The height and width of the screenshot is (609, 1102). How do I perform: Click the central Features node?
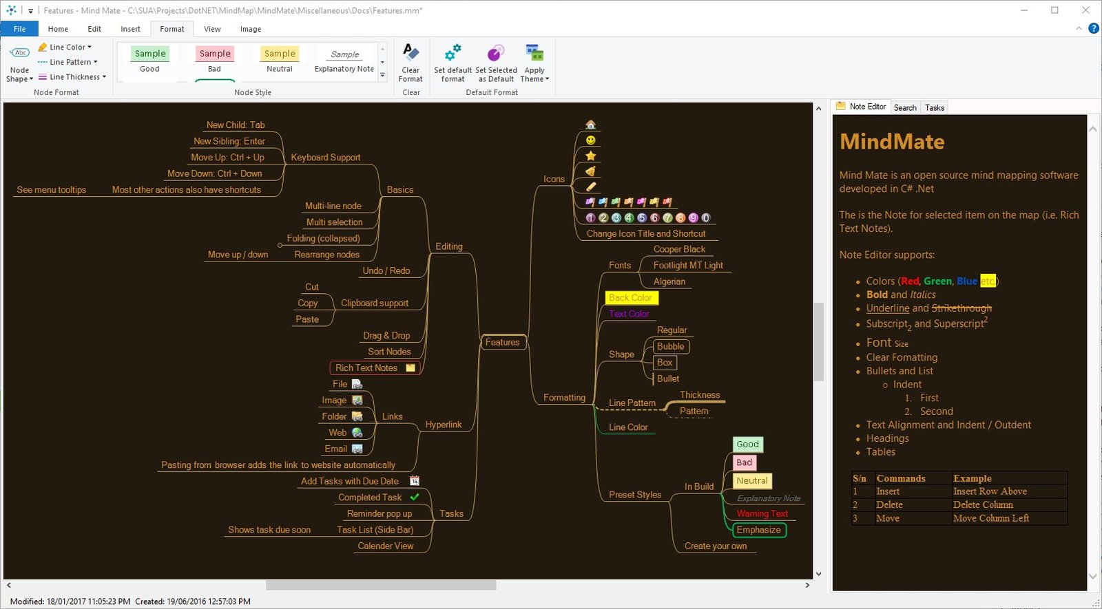(x=502, y=342)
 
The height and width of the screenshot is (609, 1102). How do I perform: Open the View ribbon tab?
(x=212, y=29)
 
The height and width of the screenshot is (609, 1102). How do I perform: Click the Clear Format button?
(x=410, y=63)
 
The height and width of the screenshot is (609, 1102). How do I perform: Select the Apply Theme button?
(x=534, y=63)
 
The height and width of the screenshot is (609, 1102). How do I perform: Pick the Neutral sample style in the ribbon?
(x=280, y=59)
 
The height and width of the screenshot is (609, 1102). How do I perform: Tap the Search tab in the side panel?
(x=905, y=107)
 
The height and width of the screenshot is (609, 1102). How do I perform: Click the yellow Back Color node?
(x=631, y=297)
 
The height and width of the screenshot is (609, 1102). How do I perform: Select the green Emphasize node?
(x=759, y=530)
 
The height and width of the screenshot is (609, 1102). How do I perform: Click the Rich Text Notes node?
(x=375, y=367)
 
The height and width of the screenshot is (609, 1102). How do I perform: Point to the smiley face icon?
(x=591, y=140)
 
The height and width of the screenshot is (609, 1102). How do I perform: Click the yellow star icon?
(x=591, y=156)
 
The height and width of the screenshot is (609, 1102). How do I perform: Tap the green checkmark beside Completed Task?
(x=415, y=497)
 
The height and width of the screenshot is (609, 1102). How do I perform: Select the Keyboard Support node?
(x=326, y=158)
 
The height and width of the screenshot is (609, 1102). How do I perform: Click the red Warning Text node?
(x=762, y=513)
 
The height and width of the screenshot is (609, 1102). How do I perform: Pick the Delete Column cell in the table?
(x=983, y=504)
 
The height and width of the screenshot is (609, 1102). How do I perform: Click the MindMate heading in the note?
(x=892, y=142)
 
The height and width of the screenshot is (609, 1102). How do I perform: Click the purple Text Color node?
(x=629, y=314)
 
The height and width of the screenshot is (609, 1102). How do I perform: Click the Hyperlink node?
(x=444, y=424)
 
